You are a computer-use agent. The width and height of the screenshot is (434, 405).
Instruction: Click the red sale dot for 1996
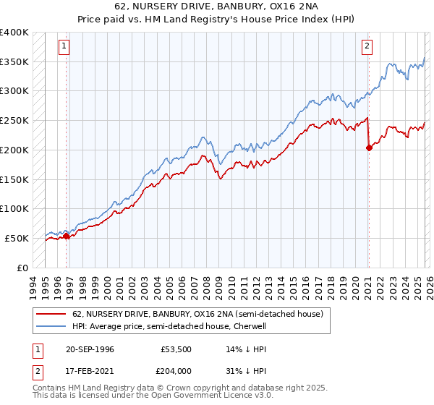click(x=67, y=236)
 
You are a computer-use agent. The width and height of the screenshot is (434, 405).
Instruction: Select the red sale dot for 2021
click(x=369, y=148)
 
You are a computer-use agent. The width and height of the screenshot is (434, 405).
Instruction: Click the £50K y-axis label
click(x=17, y=238)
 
